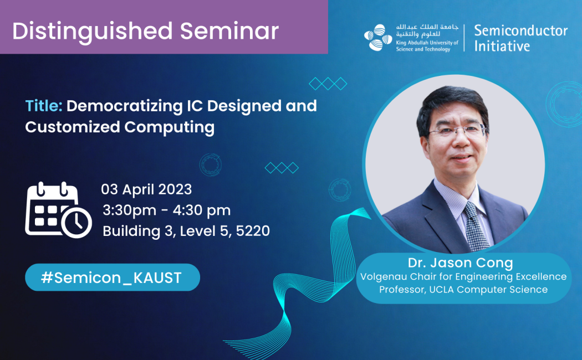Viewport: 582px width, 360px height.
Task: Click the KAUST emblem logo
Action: click(x=378, y=38)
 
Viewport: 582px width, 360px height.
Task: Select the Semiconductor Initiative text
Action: click(x=520, y=38)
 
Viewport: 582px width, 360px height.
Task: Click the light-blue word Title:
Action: click(x=44, y=105)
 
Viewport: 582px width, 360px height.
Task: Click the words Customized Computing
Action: click(x=120, y=127)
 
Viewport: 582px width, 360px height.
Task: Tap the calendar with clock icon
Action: click(x=58, y=210)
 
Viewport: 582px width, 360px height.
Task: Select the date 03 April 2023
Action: click(x=146, y=189)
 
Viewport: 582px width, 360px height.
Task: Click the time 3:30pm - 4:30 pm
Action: click(x=166, y=210)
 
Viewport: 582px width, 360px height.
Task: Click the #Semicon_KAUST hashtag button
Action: click(x=111, y=277)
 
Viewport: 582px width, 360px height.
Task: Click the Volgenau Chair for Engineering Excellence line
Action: click(x=463, y=276)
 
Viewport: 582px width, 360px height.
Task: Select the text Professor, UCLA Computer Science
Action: click(x=463, y=289)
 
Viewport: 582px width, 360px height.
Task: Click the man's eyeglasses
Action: click(x=457, y=132)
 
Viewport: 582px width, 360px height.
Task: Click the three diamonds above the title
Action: click(x=328, y=84)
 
